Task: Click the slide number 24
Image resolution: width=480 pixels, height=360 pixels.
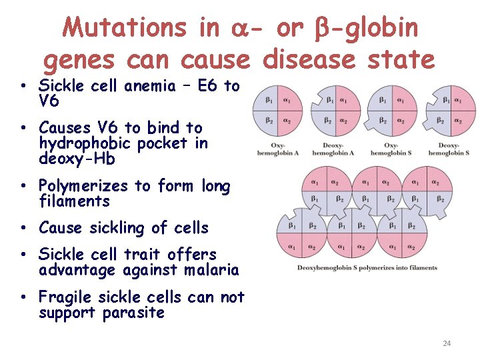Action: pyautogui.click(x=447, y=343)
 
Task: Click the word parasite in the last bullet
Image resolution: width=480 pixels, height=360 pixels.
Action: pyautogui.click(x=133, y=313)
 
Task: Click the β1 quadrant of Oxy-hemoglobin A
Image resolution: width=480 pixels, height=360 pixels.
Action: pyautogui.click(x=268, y=100)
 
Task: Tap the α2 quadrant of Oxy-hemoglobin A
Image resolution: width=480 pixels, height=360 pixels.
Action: pyautogui.click(x=286, y=121)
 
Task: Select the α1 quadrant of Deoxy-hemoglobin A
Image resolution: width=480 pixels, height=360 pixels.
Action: pyautogui.click(x=343, y=100)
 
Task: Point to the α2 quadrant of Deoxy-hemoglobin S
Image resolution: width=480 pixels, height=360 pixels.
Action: pyautogui.click(x=458, y=121)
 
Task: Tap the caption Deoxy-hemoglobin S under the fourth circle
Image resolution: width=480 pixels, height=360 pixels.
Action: pyautogui.click(x=449, y=149)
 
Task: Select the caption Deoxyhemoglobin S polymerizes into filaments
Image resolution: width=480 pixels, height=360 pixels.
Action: pyautogui.click(x=368, y=267)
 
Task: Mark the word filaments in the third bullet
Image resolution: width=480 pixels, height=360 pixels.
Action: pyautogui.click(x=75, y=201)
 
